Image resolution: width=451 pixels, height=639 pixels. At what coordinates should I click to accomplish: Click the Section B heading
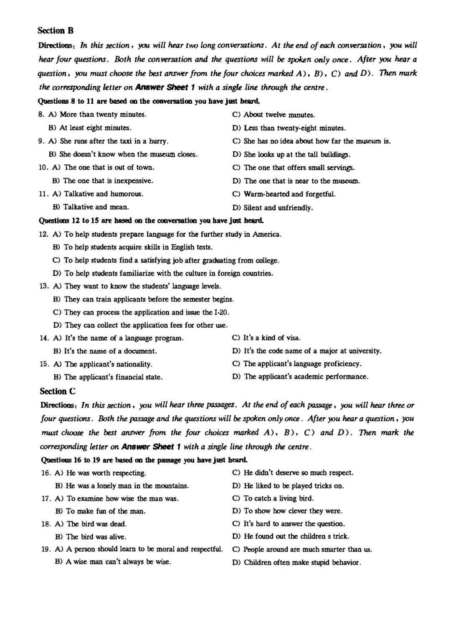click(55, 31)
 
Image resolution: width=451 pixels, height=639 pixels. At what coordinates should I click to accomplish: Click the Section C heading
click(58, 391)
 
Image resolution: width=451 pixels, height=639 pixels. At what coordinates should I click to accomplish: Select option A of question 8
click(103, 114)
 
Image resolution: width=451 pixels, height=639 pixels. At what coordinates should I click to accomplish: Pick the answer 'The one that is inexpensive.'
click(108, 181)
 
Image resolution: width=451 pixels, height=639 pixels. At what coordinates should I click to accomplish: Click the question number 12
click(44, 234)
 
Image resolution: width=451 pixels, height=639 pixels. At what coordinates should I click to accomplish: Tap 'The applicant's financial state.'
click(113, 377)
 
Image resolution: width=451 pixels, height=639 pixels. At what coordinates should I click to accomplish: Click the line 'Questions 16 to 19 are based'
click(144, 460)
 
